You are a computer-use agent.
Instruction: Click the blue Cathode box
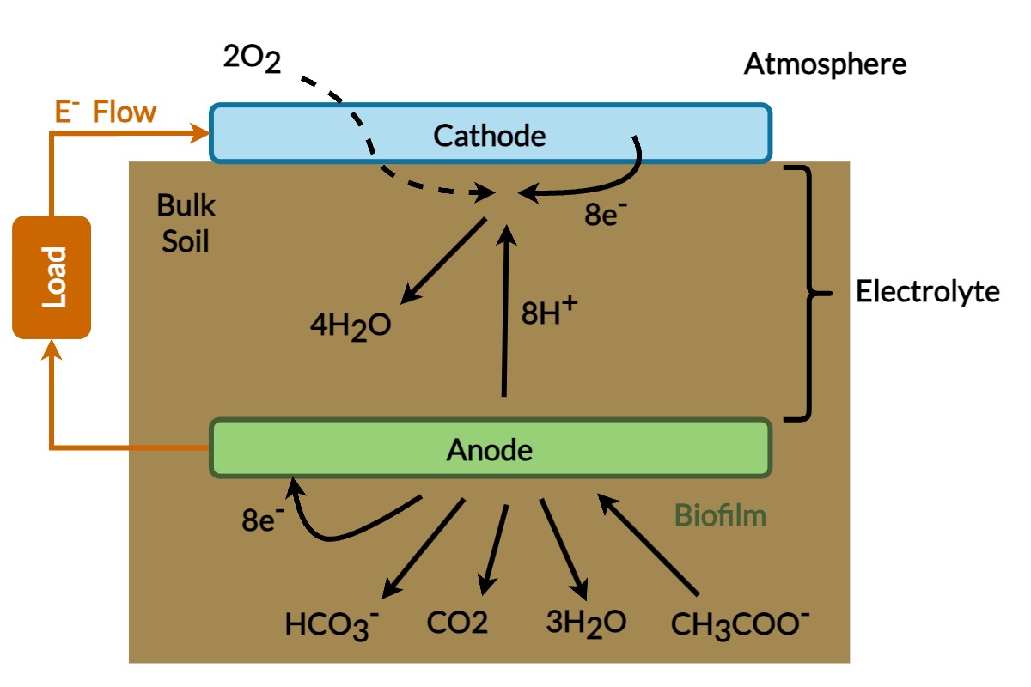click(x=490, y=134)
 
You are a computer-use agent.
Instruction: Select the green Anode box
click(x=490, y=448)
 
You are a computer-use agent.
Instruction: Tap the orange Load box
click(x=52, y=277)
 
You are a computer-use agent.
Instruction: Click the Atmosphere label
click(x=825, y=64)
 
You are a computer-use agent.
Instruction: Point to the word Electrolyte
click(x=928, y=292)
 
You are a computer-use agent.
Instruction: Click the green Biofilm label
click(x=720, y=516)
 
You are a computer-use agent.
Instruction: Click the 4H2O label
click(x=350, y=327)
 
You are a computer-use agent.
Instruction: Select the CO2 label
click(x=457, y=622)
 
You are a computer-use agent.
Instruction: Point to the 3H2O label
click(x=586, y=622)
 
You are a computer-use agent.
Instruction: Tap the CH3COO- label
click(x=741, y=623)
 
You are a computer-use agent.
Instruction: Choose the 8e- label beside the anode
click(x=263, y=520)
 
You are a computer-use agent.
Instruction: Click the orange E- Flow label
click(x=106, y=112)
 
